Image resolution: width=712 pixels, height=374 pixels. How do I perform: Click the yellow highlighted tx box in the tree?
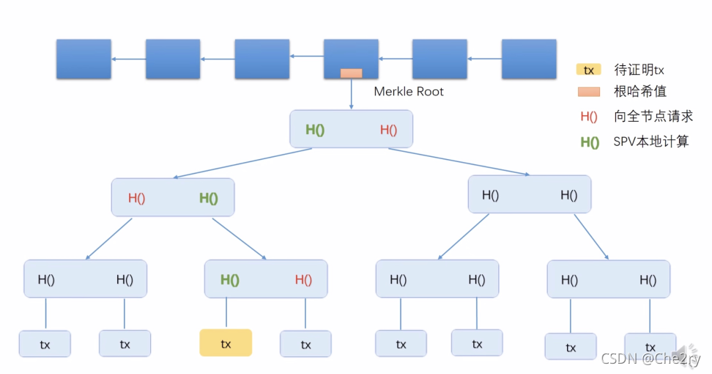(x=226, y=342)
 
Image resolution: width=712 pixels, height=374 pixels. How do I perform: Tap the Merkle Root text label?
(x=409, y=92)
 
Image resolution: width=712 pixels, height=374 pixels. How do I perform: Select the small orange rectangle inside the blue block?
(x=351, y=73)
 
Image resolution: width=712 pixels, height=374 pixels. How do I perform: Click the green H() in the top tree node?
(x=315, y=130)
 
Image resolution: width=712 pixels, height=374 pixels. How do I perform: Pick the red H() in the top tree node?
(x=389, y=130)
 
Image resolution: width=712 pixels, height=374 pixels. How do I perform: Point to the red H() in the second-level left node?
(x=136, y=198)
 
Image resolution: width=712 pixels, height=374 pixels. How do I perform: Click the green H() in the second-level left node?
(x=209, y=198)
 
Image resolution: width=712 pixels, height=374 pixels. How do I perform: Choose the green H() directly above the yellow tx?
(x=230, y=280)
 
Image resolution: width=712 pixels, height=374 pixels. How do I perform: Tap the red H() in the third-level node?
(x=303, y=279)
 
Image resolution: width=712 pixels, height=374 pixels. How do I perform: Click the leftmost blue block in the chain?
(x=84, y=59)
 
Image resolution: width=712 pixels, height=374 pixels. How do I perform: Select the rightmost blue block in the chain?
(x=529, y=59)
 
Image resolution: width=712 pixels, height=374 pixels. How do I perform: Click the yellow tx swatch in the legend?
(x=588, y=70)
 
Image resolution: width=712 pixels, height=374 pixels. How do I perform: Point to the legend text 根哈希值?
(x=640, y=92)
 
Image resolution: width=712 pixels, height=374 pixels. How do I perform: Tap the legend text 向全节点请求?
(x=653, y=117)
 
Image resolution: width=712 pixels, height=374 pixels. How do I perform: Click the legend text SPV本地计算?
(x=651, y=142)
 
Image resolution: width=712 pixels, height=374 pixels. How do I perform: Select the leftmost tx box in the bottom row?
(x=45, y=344)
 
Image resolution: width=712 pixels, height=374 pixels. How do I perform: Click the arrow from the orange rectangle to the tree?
(x=351, y=93)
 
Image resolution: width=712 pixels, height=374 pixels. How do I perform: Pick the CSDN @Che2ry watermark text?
(x=650, y=359)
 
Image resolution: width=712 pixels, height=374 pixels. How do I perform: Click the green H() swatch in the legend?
(x=590, y=143)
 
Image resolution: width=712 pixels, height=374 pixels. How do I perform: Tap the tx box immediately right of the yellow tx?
(x=305, y=344)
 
